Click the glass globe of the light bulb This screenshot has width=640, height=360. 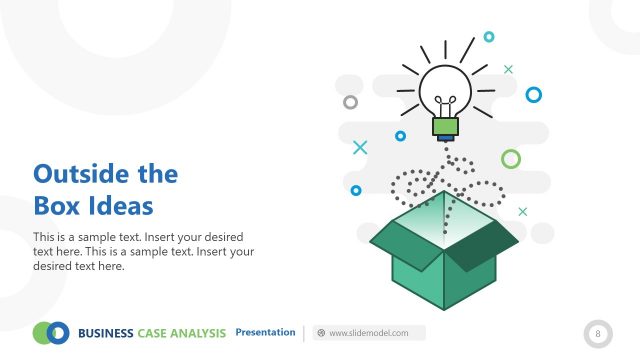445,91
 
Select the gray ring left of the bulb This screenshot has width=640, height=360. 350,102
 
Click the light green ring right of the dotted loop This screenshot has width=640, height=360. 511,159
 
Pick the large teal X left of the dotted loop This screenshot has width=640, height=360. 360,148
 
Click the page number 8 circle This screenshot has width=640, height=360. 598,332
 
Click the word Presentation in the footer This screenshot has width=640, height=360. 265,332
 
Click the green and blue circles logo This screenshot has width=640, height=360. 51,332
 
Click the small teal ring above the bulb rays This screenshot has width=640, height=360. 489,37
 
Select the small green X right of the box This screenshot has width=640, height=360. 522,211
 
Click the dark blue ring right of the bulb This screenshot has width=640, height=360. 533,94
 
